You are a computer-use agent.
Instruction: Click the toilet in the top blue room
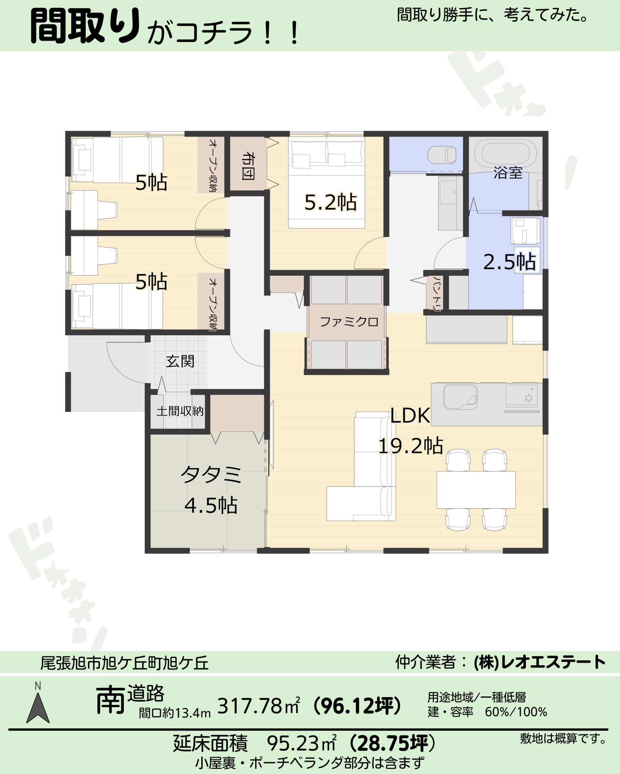[442, 155]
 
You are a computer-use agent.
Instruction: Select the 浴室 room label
[508, 173]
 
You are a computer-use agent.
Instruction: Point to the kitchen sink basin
[460, 397]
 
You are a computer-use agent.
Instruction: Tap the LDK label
[410, 415]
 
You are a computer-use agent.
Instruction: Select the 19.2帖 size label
[411, 446]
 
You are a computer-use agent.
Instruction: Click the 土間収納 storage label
[180, 411]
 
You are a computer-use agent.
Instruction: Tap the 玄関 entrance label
[180, 361]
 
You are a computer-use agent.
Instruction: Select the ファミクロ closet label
[349, 322]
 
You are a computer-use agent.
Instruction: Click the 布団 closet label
[248, 166]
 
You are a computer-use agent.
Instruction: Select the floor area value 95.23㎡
[302, 743]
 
